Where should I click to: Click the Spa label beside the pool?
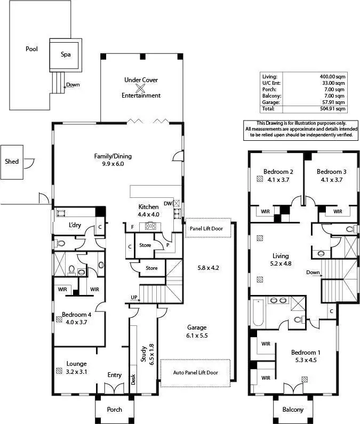click(x=65, y=54)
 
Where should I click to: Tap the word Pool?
click(x=32, y=49)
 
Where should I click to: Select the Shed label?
click(x=12, y=161)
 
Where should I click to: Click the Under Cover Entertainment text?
click(x=141, y=88)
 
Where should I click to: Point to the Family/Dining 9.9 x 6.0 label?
click(x=113, y=160)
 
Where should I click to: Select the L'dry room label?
click(x=75, y=225)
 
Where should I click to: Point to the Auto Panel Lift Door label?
click(x=195, y=372)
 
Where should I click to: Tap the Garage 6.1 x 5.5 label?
click(x=196, y=331)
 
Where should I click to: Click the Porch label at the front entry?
click(x=114, y=410)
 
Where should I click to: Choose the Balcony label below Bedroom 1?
click(x=293, y=410)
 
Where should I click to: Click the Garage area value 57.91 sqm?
click(x=334, y=102)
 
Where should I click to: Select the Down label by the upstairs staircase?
click(x=313, y=272)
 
